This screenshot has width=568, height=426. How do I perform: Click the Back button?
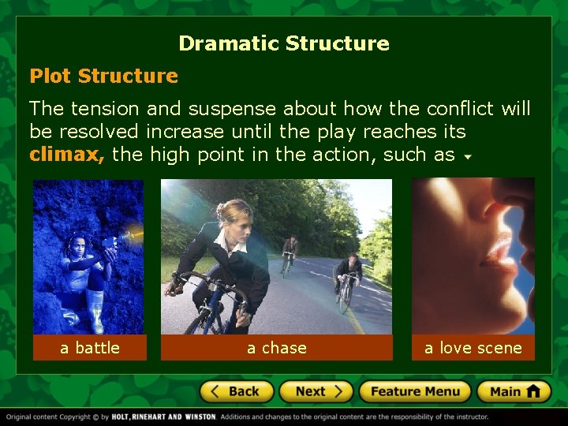237,391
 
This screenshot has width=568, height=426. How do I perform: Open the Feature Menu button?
415,391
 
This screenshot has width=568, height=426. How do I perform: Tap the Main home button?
513,391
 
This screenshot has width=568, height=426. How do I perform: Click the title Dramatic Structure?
284,43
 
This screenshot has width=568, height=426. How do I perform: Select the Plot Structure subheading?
103,76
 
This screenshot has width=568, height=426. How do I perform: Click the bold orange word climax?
66,154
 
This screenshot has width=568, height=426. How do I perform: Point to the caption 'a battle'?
90,348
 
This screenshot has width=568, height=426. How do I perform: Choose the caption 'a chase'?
277,348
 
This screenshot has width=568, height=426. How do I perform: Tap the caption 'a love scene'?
473,348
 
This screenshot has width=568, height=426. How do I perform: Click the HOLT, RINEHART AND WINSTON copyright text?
164,417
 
